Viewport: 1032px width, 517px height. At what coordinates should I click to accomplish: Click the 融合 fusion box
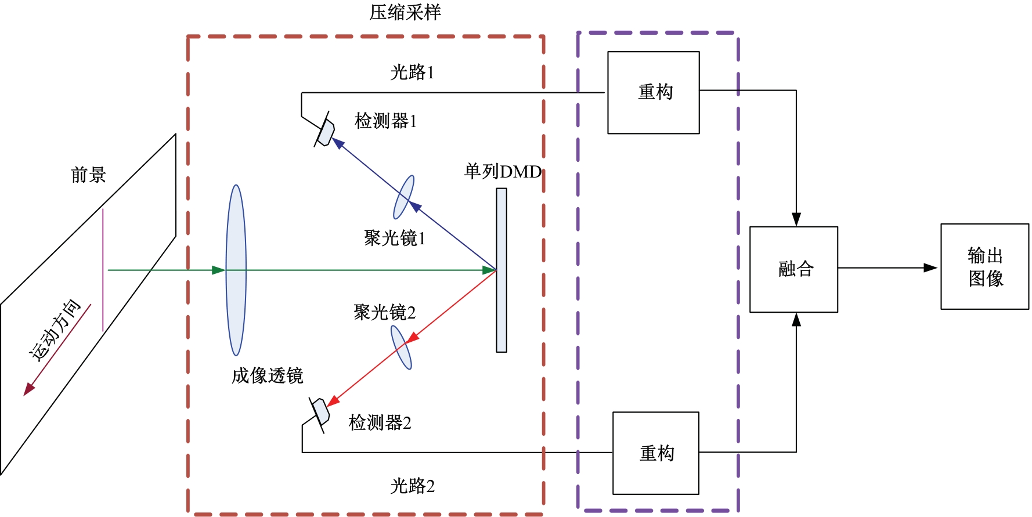pos(793,269)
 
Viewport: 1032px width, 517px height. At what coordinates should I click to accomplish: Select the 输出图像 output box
pos(984,266)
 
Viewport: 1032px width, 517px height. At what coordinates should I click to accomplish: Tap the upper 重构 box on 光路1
pos(654,93)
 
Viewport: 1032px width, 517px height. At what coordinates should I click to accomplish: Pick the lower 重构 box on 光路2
pos(656,453)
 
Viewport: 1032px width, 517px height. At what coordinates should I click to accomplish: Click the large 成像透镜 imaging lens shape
pos(236,270)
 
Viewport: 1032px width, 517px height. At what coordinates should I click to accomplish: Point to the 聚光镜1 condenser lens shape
pos(404,197)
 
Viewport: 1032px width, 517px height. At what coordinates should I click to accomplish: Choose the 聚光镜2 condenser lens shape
pos(401,347)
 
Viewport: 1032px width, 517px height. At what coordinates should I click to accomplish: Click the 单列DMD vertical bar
pos(501,270)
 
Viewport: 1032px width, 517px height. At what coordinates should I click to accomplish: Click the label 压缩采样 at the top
pos(405,12)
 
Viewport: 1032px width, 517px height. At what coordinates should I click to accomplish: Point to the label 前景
pos(88,175)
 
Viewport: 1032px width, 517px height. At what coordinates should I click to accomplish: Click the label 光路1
pos(412,73)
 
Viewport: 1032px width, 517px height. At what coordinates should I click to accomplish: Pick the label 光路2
pos(412,486)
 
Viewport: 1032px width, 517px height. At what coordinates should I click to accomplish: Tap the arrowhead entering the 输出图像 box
pos(931,268)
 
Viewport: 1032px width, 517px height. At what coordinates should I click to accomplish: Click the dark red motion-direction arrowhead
pos(28,389)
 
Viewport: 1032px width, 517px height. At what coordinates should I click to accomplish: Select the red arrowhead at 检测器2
pos(333,400)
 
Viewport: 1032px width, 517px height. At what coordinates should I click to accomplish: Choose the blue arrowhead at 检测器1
pos(338,143)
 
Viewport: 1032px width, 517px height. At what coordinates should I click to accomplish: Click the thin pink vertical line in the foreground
pos(103,270)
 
